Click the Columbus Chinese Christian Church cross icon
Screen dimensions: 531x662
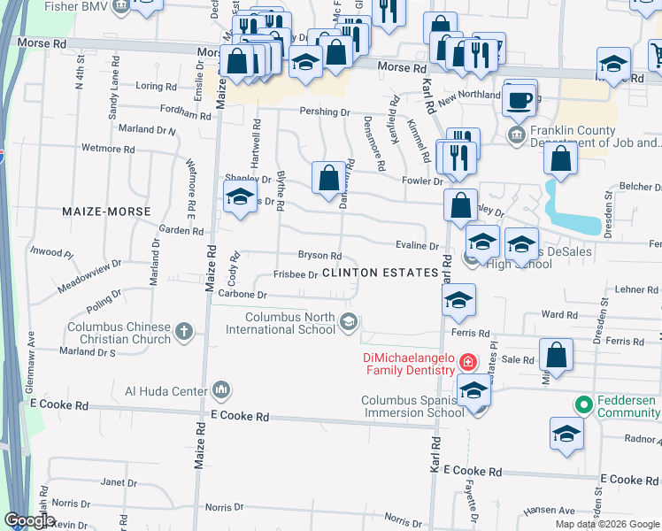(184, 332)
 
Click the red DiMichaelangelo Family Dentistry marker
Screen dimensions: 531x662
(467, 362)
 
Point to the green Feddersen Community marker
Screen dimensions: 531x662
(582, 406)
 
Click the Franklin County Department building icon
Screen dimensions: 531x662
(517, 135)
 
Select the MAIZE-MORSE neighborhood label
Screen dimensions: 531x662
(106, 212)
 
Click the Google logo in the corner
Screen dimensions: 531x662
(29, 520)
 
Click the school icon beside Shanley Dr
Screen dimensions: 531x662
(239, 198)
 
